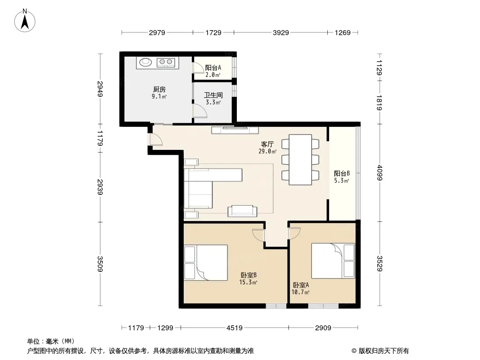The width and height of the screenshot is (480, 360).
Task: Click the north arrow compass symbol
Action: [x=25, y=21]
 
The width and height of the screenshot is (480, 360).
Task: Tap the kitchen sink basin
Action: [x=146, y=62]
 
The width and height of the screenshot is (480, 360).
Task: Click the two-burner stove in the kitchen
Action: [x=166, y=63]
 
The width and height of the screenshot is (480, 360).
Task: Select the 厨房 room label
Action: [x=159, y=89]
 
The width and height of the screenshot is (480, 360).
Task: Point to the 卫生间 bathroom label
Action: [x=213, y=95]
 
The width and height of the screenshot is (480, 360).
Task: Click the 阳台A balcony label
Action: [x=213, y=67]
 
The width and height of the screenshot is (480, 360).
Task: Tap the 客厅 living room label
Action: [x=267, y=144]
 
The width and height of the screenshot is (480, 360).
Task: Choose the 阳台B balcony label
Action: [x=342, y=173]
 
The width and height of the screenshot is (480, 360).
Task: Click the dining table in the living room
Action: [x=300, y=160]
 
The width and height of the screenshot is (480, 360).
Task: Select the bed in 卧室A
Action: [x=333, y=261]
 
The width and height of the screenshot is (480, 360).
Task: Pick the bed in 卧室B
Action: [x=206, y=262]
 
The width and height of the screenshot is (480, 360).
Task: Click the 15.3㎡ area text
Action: [x=248, y=282]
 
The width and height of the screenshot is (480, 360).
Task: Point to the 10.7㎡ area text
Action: [x=300, y=292]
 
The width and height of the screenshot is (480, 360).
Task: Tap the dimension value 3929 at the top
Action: [x=281, y=32]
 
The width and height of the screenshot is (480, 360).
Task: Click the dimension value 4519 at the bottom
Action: [x=235, y=328]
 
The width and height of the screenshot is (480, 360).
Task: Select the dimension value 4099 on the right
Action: [x=380, y=173]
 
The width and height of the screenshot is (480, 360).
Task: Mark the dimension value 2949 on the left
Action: [x=100, y=89]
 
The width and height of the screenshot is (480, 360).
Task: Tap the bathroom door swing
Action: [x=200, y=110]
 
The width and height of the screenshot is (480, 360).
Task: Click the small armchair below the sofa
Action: [x=242, y=211]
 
